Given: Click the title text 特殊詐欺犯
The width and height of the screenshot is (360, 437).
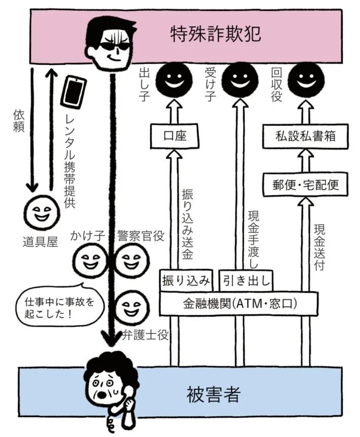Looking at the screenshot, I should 215,33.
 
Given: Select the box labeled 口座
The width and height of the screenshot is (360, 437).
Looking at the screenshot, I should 173,136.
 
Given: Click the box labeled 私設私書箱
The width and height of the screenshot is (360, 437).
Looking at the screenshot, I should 305,136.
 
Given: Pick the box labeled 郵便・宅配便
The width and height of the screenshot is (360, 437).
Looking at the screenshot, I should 305,185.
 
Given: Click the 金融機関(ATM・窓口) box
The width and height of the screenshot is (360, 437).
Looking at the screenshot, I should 239,304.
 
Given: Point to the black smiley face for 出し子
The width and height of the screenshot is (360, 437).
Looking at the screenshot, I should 173,79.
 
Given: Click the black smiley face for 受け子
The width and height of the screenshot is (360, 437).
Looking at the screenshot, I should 239,79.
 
